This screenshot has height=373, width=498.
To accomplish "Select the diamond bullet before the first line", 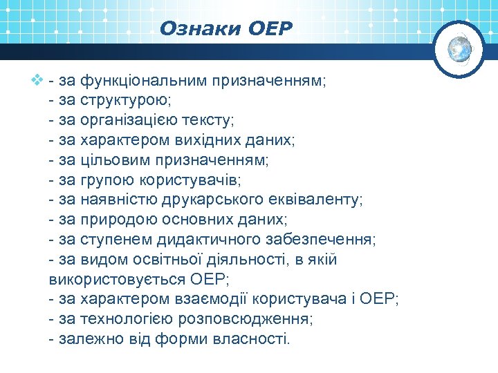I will pyautogui.click(x=37, y=81).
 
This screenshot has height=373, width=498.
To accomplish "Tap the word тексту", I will pyautogui.click(x=210, y=121).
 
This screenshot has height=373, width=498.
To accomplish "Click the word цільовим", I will pyautogui.click(x=111, y=160).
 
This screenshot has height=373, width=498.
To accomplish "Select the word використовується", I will pyautogui.click(x=118, y=280).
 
